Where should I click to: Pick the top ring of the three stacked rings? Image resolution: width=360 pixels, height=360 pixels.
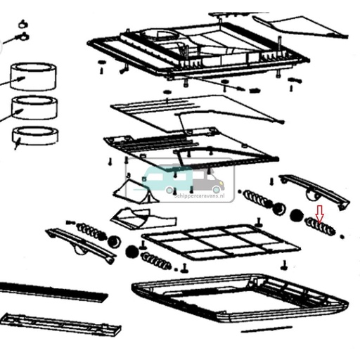pyautogui.click(x=32, y=76)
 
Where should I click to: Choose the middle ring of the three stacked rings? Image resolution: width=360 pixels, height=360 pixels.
pyautogui.click(x=32, y=108)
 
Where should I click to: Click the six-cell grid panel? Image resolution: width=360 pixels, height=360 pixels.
pyautogui.click(x=221, y=243)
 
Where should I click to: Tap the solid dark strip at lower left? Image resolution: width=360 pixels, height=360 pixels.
pyautogui.click(x=49, y=290)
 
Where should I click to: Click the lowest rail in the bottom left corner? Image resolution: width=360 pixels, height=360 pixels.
pyautogui.click(x=60, y=324)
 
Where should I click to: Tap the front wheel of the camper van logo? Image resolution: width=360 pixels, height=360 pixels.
pyautogui.click(x=216, y=188)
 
